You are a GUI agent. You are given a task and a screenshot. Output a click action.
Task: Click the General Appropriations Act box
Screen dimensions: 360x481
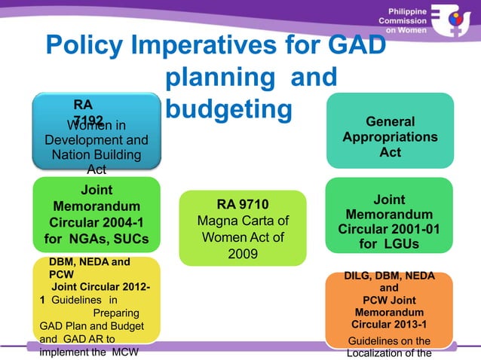click(390, 137)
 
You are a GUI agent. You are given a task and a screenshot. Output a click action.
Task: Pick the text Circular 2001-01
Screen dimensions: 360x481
click(390, 229)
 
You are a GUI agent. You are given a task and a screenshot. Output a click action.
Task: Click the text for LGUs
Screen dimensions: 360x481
click(390, 244)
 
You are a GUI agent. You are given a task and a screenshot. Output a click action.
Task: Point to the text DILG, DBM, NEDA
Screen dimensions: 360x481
click(389, 276)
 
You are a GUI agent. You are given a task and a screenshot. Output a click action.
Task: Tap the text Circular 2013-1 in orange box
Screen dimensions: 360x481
click(389, 324)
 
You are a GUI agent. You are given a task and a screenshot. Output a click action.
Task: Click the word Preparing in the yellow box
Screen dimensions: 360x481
click(115, 312)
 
